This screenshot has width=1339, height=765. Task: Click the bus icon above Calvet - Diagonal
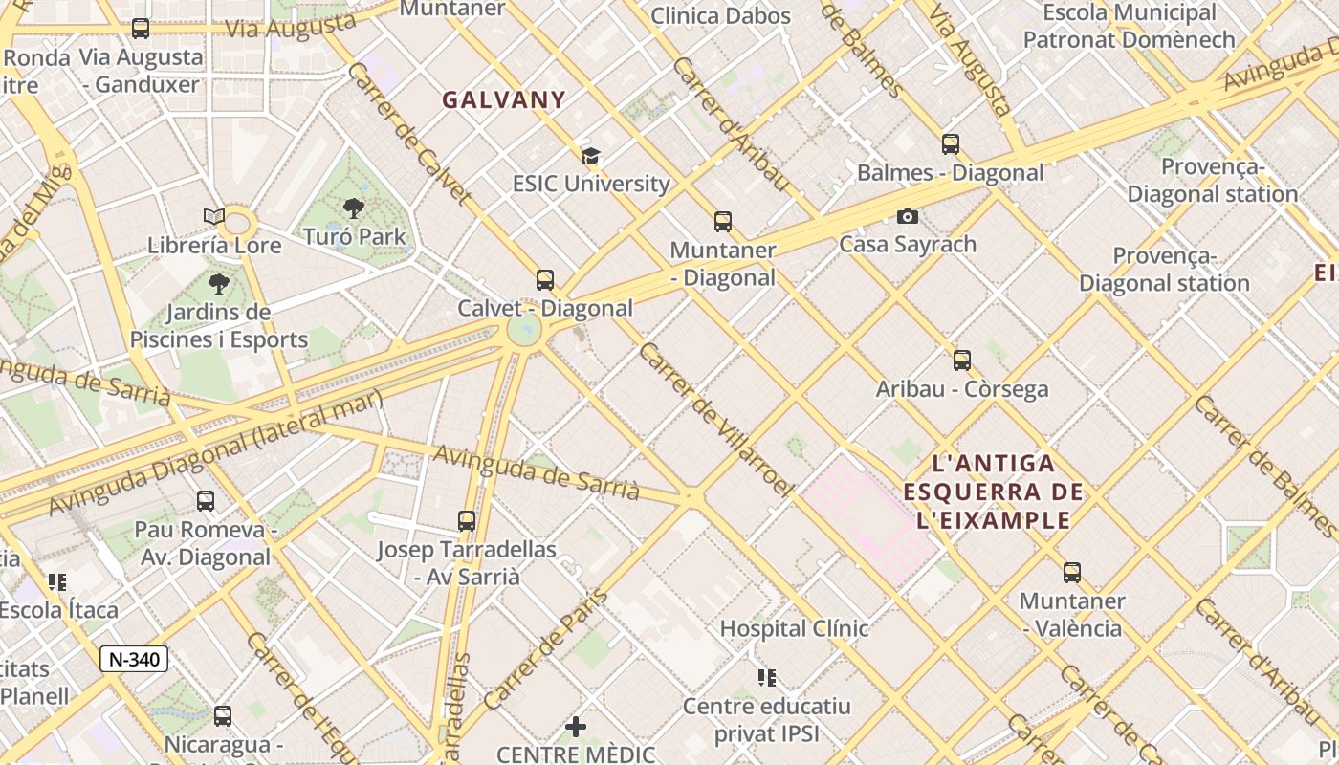coord(545,280)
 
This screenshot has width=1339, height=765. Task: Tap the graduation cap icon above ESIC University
coord(590,156)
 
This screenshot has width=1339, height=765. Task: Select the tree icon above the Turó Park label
coord(354,208)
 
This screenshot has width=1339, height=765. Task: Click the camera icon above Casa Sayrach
coord(908,217)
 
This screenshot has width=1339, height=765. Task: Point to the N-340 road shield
coord(134,659)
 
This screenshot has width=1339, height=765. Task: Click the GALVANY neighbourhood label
coord(504,99)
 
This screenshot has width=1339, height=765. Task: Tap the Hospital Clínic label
coord(794,628)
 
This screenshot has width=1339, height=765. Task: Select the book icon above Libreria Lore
coord(214,217)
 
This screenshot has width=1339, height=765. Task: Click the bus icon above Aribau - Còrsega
coord(962,361)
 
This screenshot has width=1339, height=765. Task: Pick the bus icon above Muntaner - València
coord(1072,573)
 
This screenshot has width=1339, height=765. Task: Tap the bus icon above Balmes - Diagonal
coord(950,144)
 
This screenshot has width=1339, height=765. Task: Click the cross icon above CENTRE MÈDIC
coord(576,727)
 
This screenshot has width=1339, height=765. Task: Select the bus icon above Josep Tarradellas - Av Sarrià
coord(467,521)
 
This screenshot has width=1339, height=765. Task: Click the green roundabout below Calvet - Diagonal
coord(524,330)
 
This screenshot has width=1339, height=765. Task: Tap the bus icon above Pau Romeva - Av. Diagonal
coord(206,501)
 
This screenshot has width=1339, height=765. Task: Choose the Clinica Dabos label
coord(721,16)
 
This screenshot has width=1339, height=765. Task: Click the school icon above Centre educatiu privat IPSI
coord(767,678)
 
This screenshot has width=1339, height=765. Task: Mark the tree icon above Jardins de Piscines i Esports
coord(219,284)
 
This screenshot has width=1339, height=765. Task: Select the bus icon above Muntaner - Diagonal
coord(723,222)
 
